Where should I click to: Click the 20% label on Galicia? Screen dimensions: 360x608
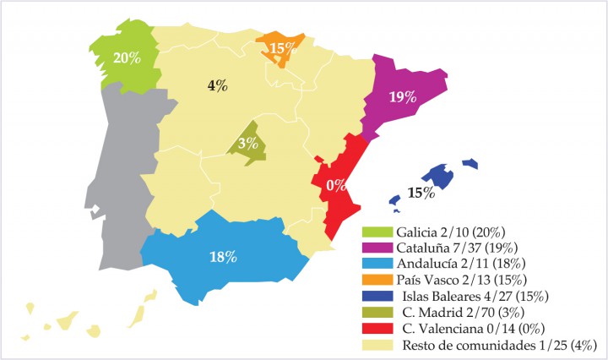click(x=127, y=57)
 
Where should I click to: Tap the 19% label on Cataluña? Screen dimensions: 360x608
click(x=402, y=96)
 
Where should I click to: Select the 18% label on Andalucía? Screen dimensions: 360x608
click(x=224, y=257)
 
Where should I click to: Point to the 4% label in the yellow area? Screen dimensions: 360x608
click(x=217, y=85)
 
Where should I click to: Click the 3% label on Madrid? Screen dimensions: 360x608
click(x=247, y=143)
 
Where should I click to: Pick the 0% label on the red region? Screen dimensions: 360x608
click(x=336, y=184)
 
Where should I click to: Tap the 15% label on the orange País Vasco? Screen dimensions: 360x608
click(x=282, y=49)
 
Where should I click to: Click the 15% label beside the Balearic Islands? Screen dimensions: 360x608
click(x=421, y=193)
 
